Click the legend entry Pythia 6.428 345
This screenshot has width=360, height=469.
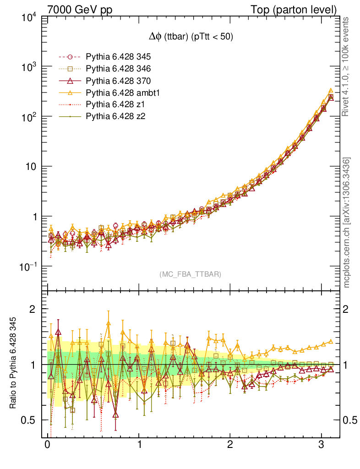(119, 57)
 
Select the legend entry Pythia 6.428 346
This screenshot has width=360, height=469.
(119, 69)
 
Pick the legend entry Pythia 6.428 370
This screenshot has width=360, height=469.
(119, 81)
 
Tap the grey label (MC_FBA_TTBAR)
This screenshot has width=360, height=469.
(191, 274)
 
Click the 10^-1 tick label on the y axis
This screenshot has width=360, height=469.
(28, 267)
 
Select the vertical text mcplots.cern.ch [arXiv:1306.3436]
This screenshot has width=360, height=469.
(347, 223)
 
